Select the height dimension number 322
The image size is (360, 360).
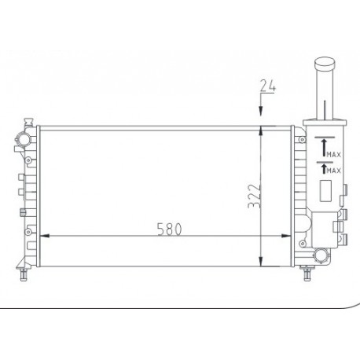click(252, 193)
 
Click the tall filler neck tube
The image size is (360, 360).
click(324, 90)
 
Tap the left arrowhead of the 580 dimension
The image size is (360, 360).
click(44, 236)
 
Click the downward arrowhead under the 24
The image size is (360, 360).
click(262, 119)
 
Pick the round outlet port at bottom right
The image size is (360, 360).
click(321, 256)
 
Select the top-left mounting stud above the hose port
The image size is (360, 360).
click(27, 123)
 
